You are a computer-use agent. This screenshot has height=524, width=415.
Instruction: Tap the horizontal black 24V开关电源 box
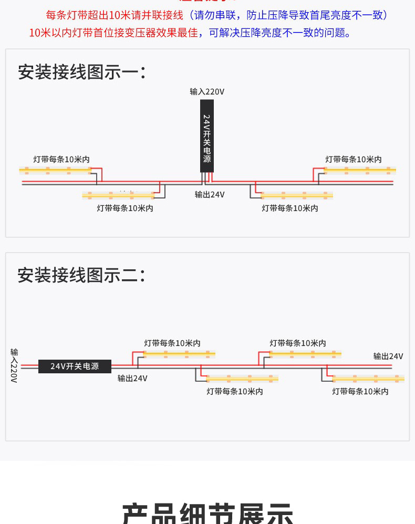[75, 366]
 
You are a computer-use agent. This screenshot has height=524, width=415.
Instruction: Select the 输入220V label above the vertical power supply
[207, 92]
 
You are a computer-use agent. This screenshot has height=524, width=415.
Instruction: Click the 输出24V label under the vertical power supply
[210, 195]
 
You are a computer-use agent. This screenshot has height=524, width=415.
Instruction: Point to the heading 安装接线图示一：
[81, 72]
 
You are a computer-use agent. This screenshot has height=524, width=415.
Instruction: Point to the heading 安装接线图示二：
[81, 275]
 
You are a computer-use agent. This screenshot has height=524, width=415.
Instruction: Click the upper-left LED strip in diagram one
[55, 170]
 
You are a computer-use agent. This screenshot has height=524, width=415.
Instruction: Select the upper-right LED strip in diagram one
[359, 170]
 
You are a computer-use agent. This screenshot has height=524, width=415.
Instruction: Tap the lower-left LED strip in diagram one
[118, 195]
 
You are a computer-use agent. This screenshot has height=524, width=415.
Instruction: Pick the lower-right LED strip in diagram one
[297, 195]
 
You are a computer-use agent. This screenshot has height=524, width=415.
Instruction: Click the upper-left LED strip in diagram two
[179, 354]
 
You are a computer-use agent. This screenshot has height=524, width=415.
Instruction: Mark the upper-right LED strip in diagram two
[305, 354]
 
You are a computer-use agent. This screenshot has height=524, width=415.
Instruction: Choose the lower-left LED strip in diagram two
[242, 378]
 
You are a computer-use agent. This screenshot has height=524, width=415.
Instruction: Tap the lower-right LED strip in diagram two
[368, 378]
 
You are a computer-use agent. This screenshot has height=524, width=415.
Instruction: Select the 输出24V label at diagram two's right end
[388, 357]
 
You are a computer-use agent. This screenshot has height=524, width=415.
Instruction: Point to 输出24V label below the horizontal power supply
[132, 379]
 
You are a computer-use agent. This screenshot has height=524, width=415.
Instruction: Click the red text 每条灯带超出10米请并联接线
[115, 15]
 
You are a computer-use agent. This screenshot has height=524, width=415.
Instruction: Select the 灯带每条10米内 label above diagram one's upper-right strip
[353, 160]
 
